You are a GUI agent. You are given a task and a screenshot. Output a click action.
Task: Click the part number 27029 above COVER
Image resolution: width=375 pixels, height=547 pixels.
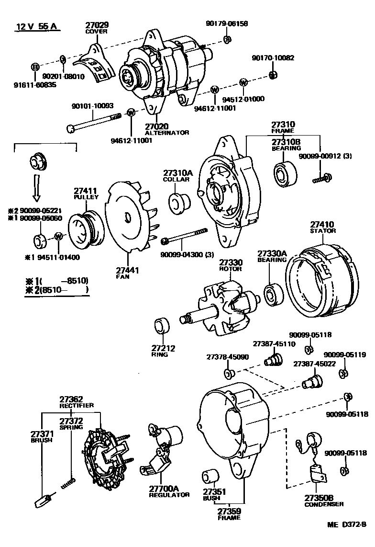[97, 24]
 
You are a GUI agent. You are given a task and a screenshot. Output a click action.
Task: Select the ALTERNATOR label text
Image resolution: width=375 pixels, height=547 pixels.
[167, 132]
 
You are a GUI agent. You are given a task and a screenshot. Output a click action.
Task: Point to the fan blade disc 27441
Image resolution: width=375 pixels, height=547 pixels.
[127, 217]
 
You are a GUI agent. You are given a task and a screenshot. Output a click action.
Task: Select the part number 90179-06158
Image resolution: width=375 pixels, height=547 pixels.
[227, 23]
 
